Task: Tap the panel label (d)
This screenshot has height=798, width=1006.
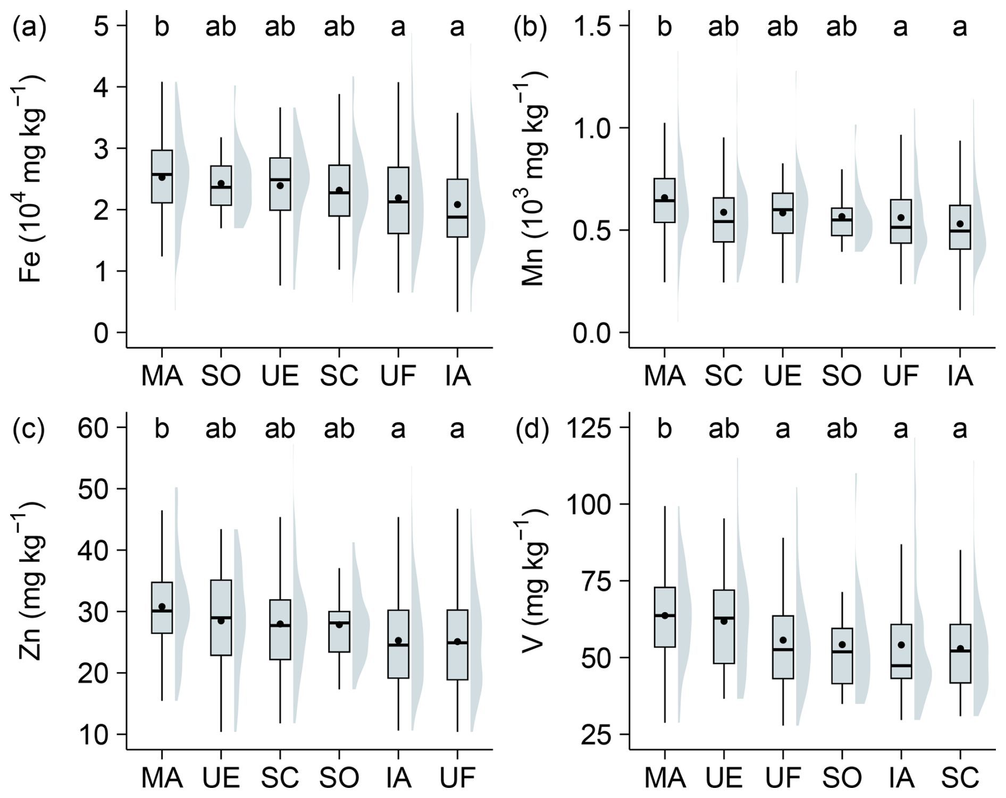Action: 532,429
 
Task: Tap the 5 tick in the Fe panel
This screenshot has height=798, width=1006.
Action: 102,27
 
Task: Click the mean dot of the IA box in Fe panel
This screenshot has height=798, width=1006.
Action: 457,205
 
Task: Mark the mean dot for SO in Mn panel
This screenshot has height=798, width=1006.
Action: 842,217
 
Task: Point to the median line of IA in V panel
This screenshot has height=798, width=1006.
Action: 901,665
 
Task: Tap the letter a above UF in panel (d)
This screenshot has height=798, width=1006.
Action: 783,429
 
